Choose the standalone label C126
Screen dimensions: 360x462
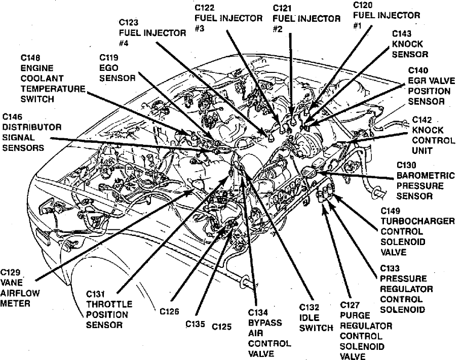169,312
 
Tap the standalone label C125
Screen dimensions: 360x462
221,327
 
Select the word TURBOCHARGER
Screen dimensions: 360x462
418,221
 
